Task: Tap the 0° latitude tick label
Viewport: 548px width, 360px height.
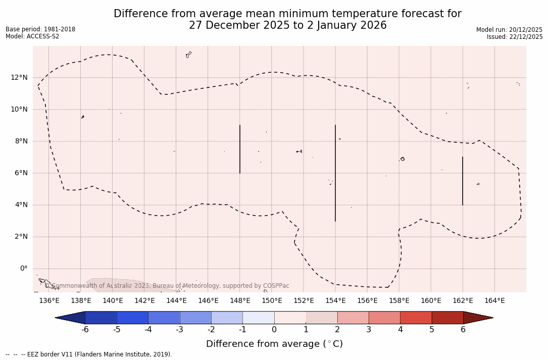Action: tap(23, 269)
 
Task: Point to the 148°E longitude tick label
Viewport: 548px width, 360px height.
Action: tap(240, 301)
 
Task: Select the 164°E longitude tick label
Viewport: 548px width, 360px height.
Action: tap(494, 301)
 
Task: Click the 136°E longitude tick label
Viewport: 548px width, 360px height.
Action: tap(49, 301)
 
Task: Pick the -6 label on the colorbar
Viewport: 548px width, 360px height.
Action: tap(85, 330)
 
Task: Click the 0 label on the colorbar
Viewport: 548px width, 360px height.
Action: tap(274, 330)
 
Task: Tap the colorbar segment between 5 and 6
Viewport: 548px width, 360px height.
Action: tap(447, 318)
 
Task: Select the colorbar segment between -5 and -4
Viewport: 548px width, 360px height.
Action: tap(132, 318)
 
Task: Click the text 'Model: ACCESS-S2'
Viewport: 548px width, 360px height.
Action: tap(32, 36)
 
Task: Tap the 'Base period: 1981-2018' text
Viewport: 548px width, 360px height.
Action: tap(40, 29)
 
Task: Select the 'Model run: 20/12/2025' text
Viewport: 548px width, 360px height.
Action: tap(509, 30)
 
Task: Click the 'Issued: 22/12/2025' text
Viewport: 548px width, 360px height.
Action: tap(515, 37)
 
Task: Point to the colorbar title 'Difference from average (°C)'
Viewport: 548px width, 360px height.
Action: tap(274, 344)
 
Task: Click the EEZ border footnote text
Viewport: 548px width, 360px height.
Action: tap(89, 354)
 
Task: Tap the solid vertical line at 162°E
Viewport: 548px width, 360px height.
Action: tap(463, 181)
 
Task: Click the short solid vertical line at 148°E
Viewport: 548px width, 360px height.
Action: tap(240, 149)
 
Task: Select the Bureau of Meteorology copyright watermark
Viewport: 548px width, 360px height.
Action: tap(167, 286)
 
